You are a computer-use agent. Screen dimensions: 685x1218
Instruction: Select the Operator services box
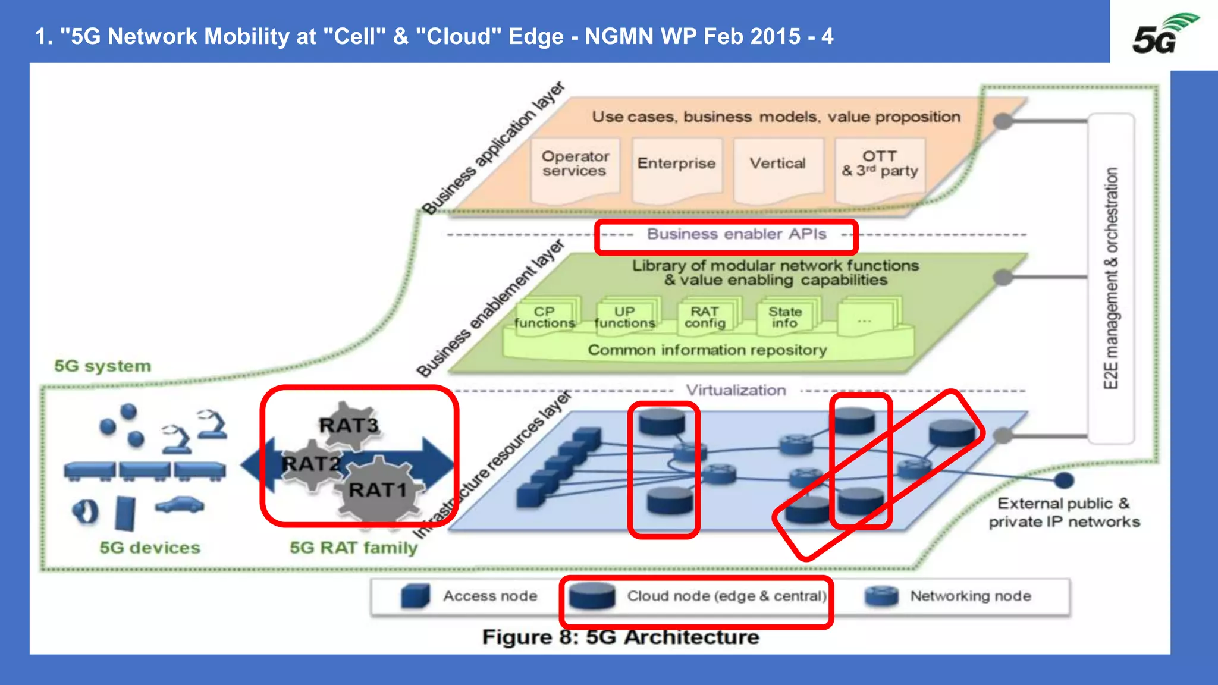[x=575, y=165]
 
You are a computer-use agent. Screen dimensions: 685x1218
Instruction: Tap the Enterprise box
[x=676, y=165]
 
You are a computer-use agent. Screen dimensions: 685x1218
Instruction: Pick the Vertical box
[x=778, y=165]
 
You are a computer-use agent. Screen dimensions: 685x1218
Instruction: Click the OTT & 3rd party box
[x=880, y=165]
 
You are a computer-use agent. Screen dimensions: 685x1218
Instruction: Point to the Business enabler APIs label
[x=736, y=234]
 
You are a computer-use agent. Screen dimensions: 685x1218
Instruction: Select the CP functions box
[x=545, y=318]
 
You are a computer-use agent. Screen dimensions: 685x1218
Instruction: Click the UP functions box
[x=624, y=318]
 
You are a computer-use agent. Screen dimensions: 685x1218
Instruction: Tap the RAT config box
[x=705, y=318]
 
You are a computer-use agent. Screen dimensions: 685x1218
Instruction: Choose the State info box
[x=785, y=318]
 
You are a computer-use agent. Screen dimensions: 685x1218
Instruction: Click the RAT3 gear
[x=350, y=425]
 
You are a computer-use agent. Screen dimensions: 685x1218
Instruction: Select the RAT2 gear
[x=310, y=463]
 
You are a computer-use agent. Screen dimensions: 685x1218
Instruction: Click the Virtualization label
[x=736, y=391]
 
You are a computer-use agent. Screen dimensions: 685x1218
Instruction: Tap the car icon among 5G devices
[x=180, y=505]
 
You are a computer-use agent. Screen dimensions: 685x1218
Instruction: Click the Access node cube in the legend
[x=415, y=596]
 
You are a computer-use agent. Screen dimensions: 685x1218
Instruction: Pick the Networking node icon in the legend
[x=881, y=596]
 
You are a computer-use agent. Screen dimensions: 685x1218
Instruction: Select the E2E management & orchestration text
[x=1111, y=278]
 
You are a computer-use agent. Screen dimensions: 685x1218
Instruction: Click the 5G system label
[x=103, y=366]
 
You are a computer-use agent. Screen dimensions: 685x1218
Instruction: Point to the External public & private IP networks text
[x=1064, y=513]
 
